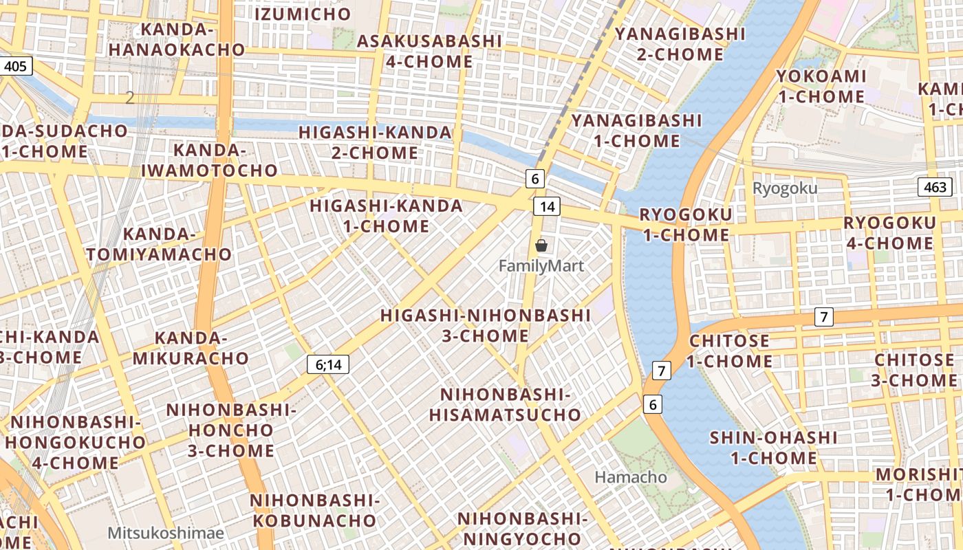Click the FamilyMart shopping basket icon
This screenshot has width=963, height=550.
click(541, 245)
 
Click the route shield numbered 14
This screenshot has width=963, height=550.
click(547, 206)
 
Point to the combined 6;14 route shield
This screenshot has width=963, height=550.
click(328, 365)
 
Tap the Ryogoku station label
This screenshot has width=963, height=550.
click(785, 188)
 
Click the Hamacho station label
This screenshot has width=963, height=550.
click(631, 476)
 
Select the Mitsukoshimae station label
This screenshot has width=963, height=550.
click(166, 533)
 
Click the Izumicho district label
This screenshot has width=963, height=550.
click(303, 14)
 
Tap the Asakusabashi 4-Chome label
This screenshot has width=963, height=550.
click(429, 51)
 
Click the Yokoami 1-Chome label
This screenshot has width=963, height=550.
click(821, 86)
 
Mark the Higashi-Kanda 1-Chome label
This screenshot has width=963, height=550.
click(386, 215)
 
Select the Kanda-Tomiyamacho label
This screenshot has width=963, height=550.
click(159, 244)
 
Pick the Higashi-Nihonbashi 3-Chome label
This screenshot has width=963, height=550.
click(486, 325)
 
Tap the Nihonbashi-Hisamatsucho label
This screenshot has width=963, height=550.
click(506, 405)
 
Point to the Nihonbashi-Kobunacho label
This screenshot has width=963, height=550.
click(314, 510)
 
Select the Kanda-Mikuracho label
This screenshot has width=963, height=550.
click(191, 348)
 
